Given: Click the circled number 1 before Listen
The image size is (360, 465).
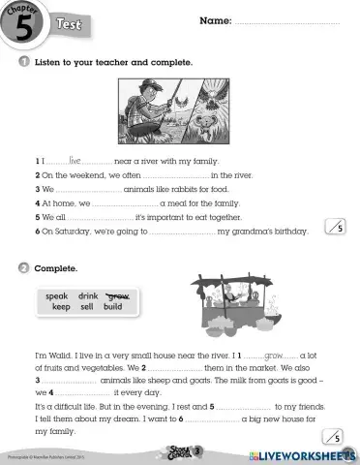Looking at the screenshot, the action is pos(22,62).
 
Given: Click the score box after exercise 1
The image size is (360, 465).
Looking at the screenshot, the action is pos(336,229).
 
